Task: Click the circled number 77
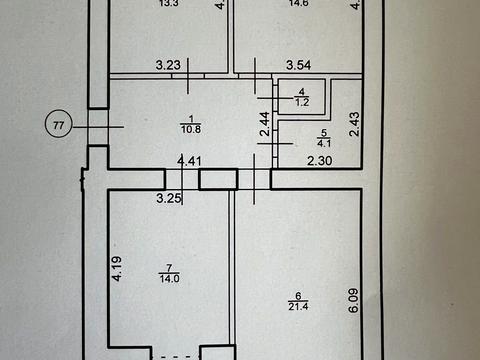click(x=59, y=125)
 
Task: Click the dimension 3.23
click(x=169, y=66)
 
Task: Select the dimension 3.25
click(x=169, y=197)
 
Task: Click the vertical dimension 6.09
click(x=352, y=300)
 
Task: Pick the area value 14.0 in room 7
click(x=169, y=278)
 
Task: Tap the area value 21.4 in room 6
click(x=297, y=303)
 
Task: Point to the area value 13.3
click(x=169, y=4)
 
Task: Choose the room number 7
click(x=169, y=267)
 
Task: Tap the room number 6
click(x=297, y=292)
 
